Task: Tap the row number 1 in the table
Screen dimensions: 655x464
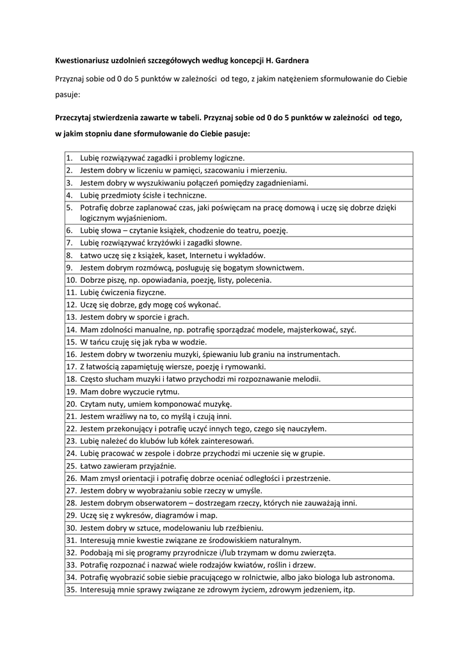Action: pyautogui.click(x=70, y=158)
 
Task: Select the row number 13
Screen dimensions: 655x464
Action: pyautogui.click(x=71, y=317)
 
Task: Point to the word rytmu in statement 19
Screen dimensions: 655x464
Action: pyautogui.click(x=168, y=391)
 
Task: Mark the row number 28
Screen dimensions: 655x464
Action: pyautogui.click(x=71, y=503)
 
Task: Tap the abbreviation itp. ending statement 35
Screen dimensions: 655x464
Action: pyautogui.click(x=349, y=590)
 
